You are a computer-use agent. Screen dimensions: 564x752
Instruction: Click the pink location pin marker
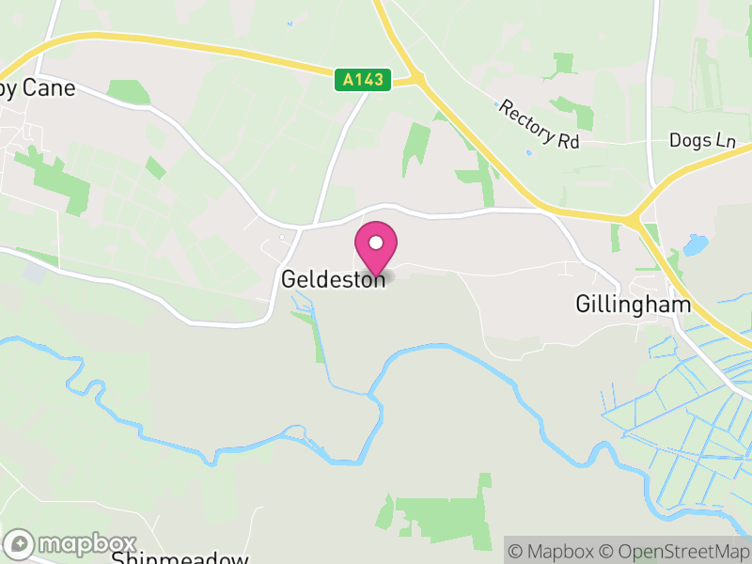pos(375,247)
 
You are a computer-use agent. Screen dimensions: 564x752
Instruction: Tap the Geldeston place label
pos(334,279)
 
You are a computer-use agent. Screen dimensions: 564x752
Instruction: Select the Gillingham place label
pos(633,305)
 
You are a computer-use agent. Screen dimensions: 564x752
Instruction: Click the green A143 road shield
pos(362,80)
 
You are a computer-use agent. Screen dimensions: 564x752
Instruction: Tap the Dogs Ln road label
pos(702,140)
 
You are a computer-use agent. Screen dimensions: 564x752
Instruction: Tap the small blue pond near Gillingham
pos(696,246)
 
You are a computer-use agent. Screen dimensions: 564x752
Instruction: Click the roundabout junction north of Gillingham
pos(635,222)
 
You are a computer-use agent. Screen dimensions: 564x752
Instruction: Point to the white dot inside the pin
pos(375,243)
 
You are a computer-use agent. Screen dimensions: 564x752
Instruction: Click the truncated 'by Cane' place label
pos(38,89)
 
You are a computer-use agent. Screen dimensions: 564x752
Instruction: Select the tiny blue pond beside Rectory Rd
pos(528,152)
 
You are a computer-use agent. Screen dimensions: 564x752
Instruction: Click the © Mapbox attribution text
pos(549,551)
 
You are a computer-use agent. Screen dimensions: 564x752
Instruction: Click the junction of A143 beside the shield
pos(414,79)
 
